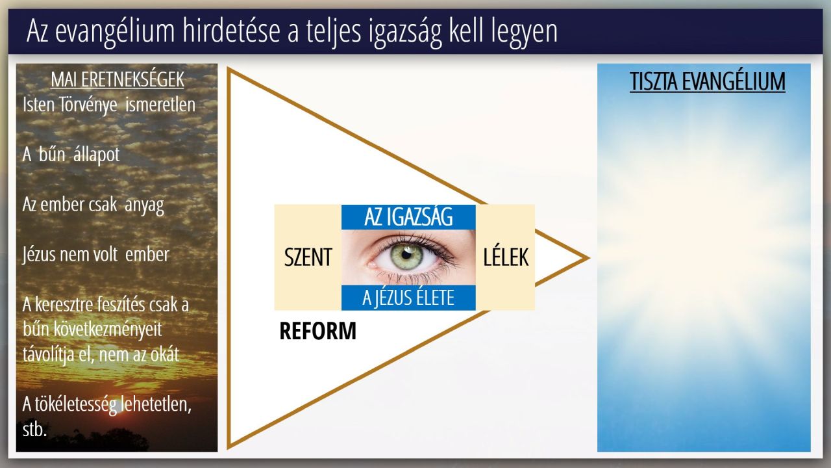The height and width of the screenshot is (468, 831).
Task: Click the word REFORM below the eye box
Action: [x=318, y=331]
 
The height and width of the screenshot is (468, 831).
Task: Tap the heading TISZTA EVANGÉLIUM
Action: [x=708, y=81]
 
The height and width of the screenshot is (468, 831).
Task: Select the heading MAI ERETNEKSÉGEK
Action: [x=118, y=79]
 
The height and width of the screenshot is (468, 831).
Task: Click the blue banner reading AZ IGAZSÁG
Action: [x=408, y=217]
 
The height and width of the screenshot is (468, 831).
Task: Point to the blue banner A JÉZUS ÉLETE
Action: [x=408, y=298]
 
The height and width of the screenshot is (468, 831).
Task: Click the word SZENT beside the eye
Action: [x=308, y=257]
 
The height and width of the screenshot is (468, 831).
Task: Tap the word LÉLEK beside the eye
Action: [x=506, y=257]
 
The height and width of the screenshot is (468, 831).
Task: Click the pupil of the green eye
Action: [x=406, y=255]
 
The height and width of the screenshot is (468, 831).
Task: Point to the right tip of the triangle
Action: [x=589, y=258]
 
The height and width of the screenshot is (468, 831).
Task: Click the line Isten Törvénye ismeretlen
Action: [x=108, y=105]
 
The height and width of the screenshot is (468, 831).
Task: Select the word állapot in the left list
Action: [x=97, y=155]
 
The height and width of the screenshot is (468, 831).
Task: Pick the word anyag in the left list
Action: [x=144, y=205]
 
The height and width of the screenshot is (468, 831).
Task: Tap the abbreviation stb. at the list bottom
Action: [x=34, y=430]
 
